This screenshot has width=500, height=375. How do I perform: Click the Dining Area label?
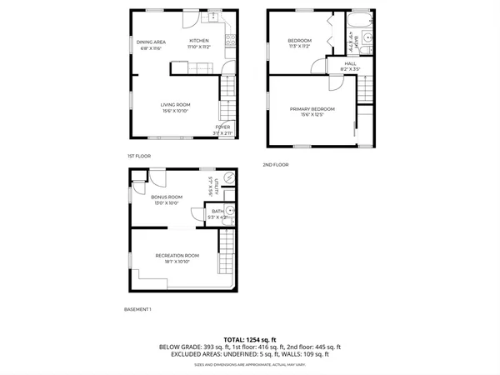point(152,42)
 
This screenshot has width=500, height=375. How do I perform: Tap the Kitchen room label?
point(198,41)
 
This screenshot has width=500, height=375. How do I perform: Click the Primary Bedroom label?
point(312,109)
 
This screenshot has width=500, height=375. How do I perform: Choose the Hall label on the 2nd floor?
point(352,62)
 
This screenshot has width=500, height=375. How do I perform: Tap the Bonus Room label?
point(167,197)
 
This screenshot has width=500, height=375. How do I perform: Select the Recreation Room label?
point(177,255)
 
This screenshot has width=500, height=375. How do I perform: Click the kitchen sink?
point(214,17)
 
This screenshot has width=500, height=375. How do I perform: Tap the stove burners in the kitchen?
point(232,39)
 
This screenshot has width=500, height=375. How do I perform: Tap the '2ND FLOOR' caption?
point(276,164)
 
